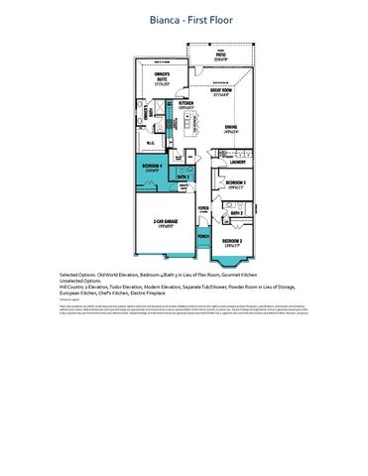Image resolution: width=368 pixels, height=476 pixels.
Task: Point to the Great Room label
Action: pos(223,92)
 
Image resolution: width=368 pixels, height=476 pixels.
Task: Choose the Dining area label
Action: pos(229,128)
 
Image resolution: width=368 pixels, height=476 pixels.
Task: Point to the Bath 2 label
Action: pos(236,213)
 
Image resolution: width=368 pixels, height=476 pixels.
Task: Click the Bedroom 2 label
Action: pos(232,241)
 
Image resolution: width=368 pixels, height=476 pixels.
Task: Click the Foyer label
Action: pos(202,208)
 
